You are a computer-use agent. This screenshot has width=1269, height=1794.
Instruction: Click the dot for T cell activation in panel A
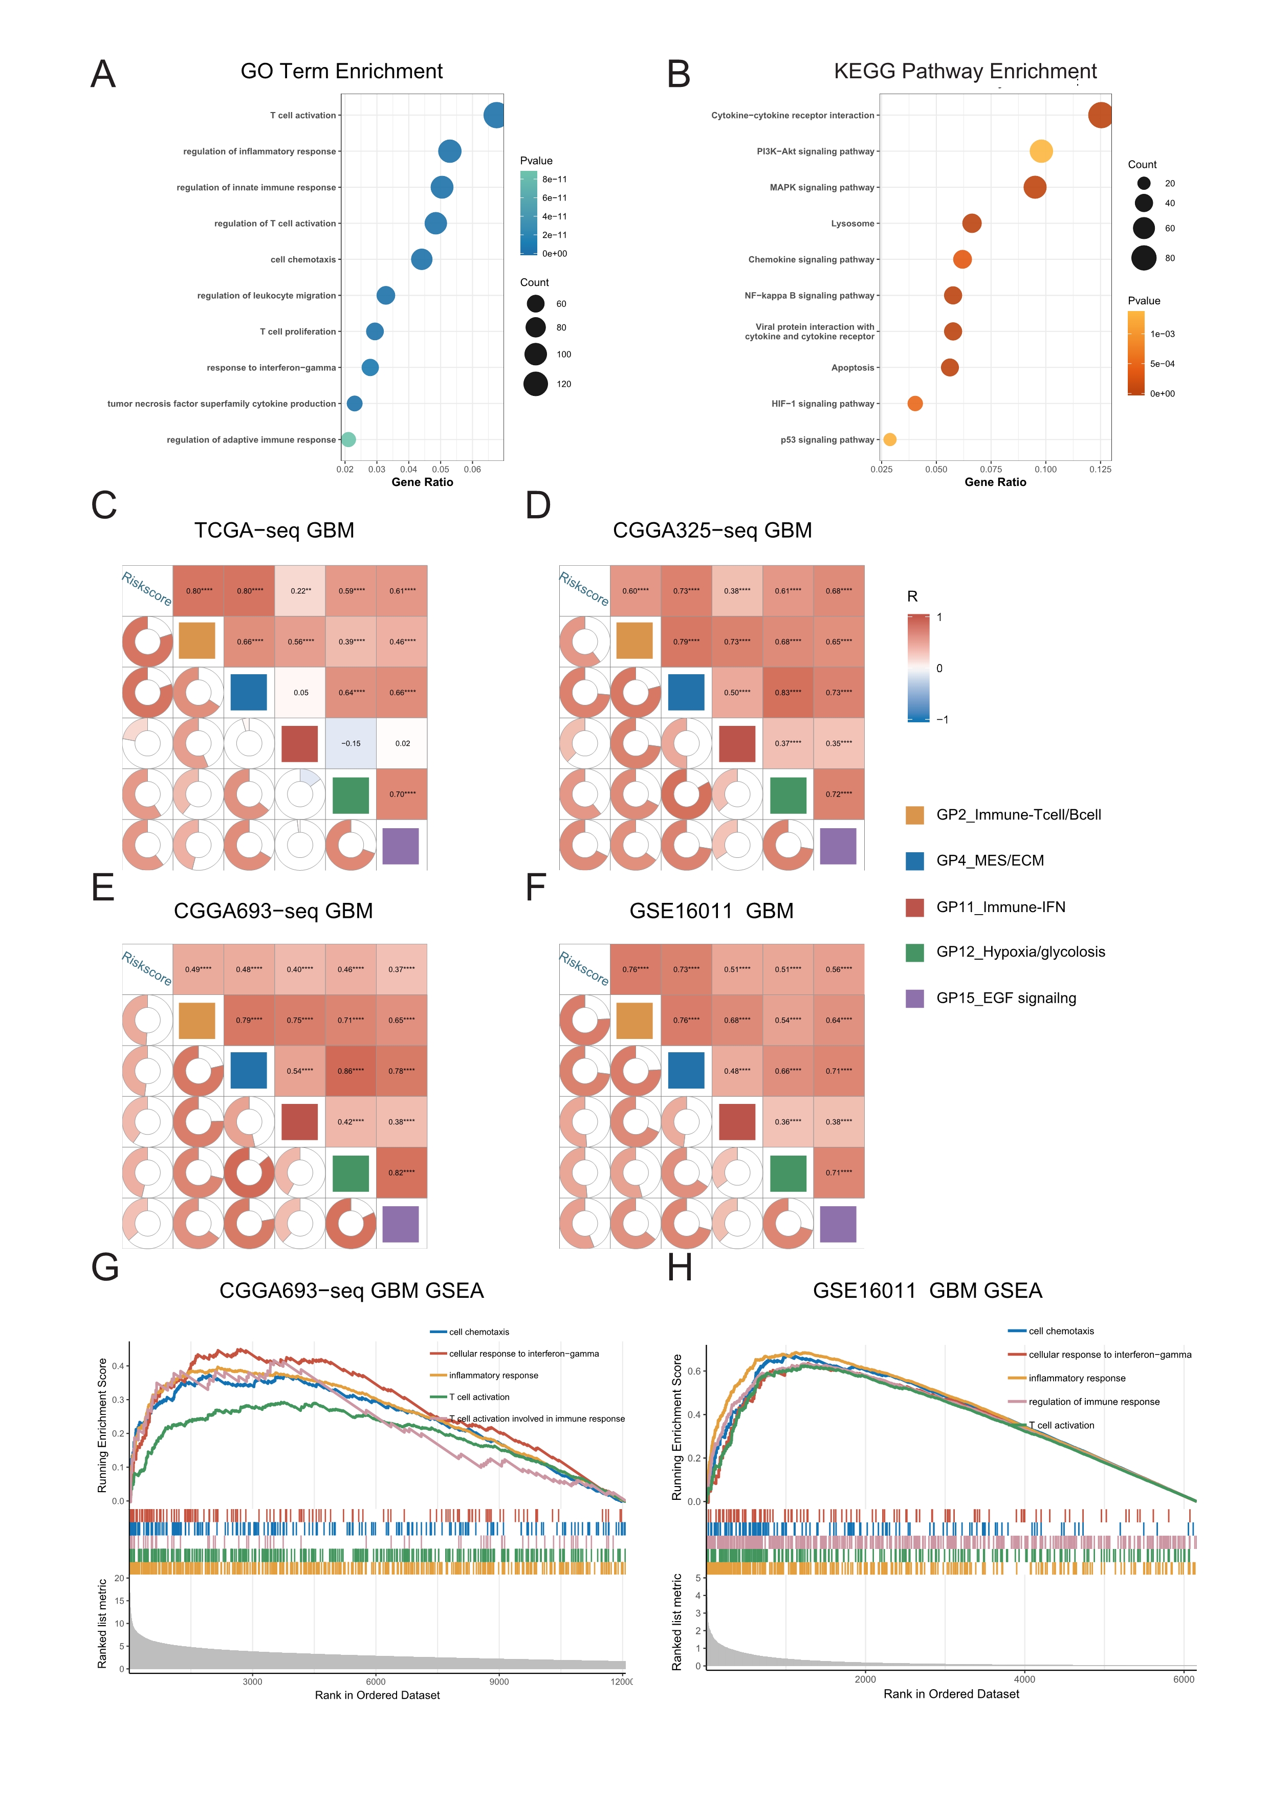point(494,116)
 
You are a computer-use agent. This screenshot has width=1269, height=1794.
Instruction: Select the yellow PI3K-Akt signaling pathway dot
point(1041,151)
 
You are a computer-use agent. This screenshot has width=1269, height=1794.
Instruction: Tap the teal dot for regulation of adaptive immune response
point(348,440)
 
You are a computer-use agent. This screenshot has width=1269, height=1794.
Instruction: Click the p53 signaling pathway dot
point(889,440)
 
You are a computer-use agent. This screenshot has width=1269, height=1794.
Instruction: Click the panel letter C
point(104,505)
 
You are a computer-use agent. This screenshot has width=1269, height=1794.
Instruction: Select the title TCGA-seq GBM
point(274,530)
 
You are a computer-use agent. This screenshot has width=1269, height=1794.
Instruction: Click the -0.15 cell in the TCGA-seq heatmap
point(351,743)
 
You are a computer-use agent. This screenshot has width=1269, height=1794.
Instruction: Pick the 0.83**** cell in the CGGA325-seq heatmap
point(787,692)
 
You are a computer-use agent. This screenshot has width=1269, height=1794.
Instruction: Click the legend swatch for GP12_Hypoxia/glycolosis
point(914,953)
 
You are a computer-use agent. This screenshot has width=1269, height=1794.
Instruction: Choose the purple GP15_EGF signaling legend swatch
point(914,999)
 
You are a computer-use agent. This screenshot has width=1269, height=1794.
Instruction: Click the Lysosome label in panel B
point(852,224)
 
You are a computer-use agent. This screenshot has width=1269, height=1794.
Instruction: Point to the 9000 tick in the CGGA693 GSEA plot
point(498,1681)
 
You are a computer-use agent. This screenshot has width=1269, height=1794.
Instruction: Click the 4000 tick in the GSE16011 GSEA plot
point(1024,1679)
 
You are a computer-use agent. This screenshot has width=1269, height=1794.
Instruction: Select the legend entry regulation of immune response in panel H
point(1093,1402)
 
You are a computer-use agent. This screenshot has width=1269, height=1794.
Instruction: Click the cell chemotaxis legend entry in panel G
point(479,1332)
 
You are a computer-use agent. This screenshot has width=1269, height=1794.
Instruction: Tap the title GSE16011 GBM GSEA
point(928,1291)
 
